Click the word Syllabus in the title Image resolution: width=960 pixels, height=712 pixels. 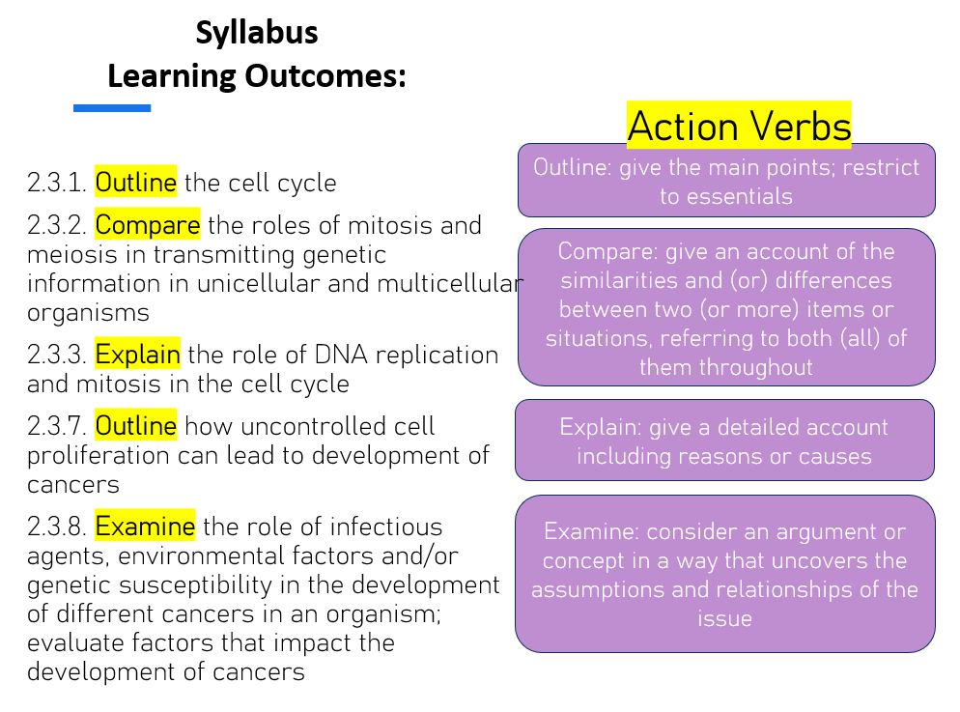pyautogui.click(x=256, y=33)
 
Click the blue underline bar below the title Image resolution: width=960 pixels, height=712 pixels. pyautogui.click(x=112, y=108)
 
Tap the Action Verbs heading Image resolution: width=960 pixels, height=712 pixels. pyautogui.click(x=739, y=127)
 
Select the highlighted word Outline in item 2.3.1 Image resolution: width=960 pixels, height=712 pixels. pyautogui.click(x=136, y=182)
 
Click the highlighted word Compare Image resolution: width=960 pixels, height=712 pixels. pyautogui.click(x=147, y=225)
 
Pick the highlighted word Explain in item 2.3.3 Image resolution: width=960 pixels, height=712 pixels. pyautogui.click(x=137, y=355)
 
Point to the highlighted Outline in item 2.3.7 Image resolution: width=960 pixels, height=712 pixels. pyautogui.click(x=136, y=426)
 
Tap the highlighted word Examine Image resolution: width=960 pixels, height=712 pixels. pyautogui.click(x=145, y=527)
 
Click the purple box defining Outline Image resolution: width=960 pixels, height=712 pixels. pyautogui.click(x=726, y=181)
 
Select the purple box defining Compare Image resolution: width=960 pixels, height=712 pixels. pyautogui.click(x=726, y=308)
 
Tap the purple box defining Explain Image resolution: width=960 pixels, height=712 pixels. pyautogui.click(x=724, y=441)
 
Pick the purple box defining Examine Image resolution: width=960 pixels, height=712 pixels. pyautogui.click(x=724, y=574)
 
